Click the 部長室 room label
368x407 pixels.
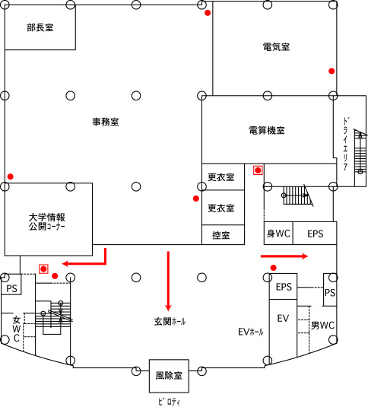(x=40, y=27)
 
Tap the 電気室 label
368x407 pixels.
(x=276, y=47)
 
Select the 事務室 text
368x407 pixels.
(x=106, y=122)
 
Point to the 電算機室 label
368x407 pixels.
(x=267, y=130)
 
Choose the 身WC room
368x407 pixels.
(x=278, y=233)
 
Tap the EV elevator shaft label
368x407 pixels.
(x=283, y=318)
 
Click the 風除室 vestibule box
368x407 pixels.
(x=169, y=376)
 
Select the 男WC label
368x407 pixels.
(x=323, y=326)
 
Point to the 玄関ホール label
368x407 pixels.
(x=170, y=322)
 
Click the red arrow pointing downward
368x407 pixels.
(x=168, y=281)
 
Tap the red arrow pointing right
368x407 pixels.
(x=284, y=256)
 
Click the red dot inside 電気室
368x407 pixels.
(x=332, y=71)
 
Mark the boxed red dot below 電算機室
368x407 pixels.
(x=258, y=170)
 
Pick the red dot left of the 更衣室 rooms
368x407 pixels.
(x=196, y=199)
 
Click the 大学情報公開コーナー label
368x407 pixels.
(x=47, y=221)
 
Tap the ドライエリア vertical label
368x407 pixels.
(x=345, y=144)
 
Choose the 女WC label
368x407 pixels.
(x=16, y=329)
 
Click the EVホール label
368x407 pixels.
(x=251, y=332)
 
